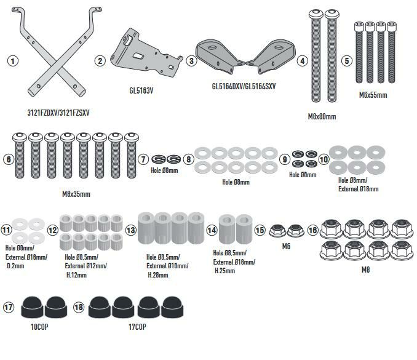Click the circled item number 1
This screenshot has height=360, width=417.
coord(12,61)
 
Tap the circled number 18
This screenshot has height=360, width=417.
coord(79,307)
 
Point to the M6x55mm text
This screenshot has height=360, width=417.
coord(373,95)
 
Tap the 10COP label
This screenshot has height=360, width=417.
coord(38,327)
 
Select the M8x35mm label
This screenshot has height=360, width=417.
coord(76,194)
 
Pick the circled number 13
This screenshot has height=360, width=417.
coord(130,230)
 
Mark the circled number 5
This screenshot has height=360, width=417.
coord(347,61)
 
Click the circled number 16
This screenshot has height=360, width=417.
coord(313,230)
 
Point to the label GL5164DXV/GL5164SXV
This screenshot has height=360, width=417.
coord(239,87)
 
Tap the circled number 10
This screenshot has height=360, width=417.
coord(324,158)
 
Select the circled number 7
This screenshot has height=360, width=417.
coord(143,159)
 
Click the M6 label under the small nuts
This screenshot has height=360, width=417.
coord(287,247)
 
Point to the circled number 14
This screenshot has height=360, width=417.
coord(212,230)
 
